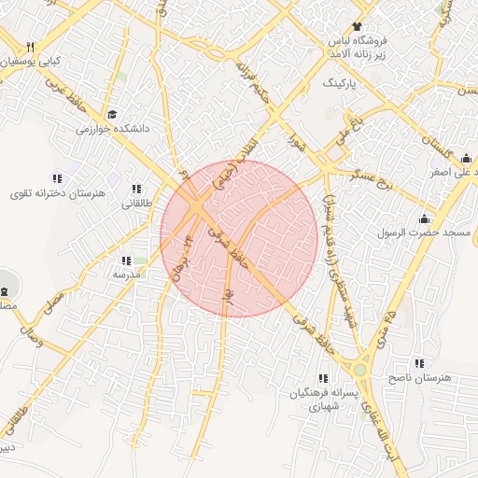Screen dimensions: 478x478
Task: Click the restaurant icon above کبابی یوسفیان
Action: pos(31,46)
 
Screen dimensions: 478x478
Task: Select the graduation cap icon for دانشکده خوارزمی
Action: pos(112,115)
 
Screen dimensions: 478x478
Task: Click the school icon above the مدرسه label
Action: pos(126,260)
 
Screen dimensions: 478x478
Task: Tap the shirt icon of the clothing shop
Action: pos(356,26)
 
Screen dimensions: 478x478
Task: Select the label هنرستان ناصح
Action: pos(417,376)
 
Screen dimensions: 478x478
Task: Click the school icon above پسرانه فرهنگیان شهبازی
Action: pos(322,379)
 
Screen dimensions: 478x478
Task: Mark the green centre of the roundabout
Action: pos(360,370)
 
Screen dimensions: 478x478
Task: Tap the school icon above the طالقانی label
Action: pos(136,189)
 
